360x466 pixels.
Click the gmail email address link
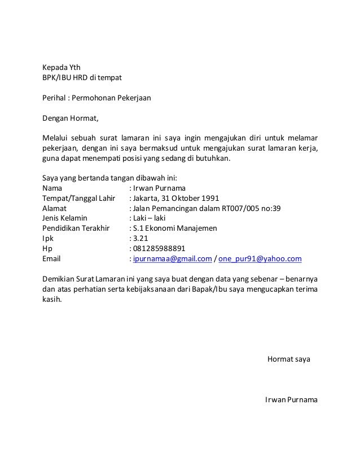172,259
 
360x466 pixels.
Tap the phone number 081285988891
159,249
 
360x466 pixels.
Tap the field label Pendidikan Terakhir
74,228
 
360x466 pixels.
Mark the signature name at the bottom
291,400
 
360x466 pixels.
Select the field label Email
53,259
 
